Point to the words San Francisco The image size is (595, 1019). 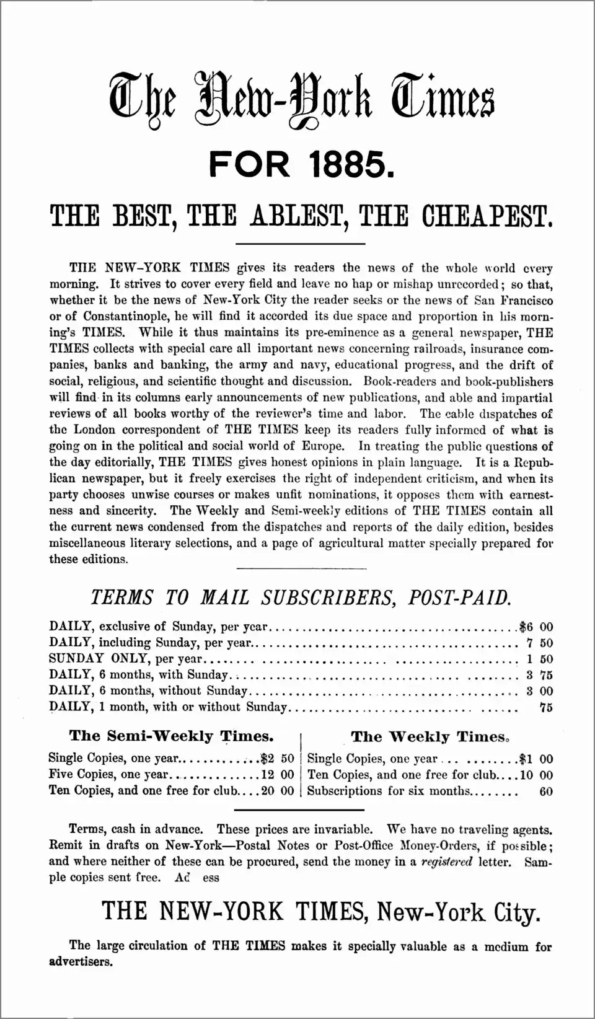coord(514,301)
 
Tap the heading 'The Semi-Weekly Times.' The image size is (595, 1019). coord(172,736)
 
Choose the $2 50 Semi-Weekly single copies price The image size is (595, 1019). coord(278,758)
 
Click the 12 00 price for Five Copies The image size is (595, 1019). coord(278,775)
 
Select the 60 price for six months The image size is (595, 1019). coord(545,792)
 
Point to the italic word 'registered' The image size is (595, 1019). coord(446,862)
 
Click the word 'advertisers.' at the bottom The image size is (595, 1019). coord(81,962)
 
